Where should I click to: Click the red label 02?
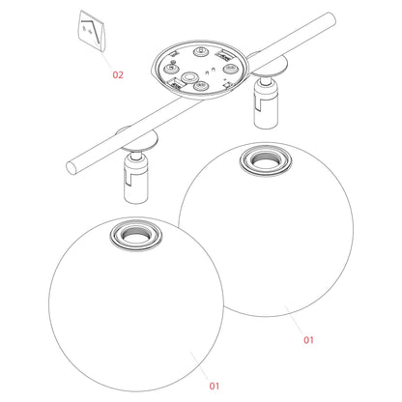[117, 73]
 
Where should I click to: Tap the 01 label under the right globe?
[309, 339]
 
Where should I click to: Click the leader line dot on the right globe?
[286, 308]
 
